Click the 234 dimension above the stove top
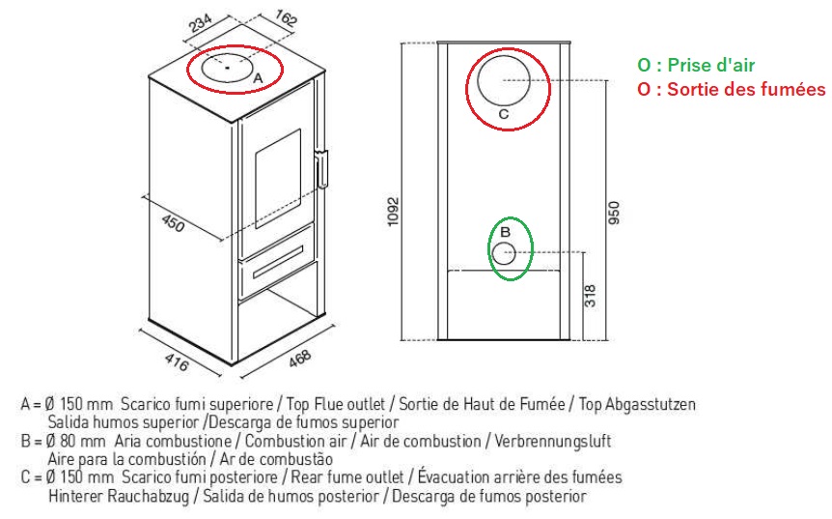click(200, 23)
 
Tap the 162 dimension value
click(286, 17)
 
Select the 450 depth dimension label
click(173, 223)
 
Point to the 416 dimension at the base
click(177, 362)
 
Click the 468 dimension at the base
click(300, 359)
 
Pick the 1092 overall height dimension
click(393, 212)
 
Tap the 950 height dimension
click(614, 213)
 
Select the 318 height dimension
click(590, 296)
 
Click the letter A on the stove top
click(258, 78)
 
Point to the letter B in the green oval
click(505, 232)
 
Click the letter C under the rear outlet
click(504, 114)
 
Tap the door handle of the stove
click(322, 169)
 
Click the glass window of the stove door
click(278, 179)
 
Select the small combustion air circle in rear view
click(504, 253)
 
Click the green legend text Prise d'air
click(696, 65)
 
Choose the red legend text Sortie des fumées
click(732, 89)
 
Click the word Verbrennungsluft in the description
click(553, 441)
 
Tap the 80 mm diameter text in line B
click(76, 441)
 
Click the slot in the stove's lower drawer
click(279, 261)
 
